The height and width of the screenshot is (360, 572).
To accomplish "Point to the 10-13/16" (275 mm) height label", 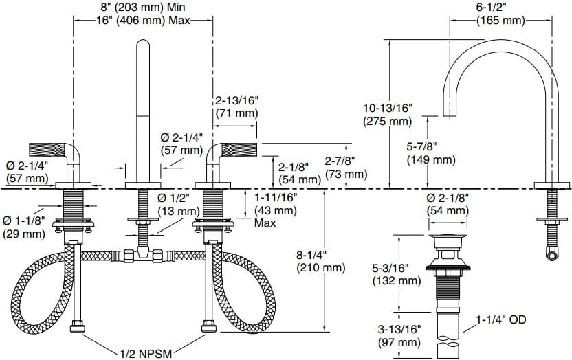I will pos(387,115).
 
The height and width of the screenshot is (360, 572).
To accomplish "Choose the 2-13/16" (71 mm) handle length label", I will pos(237,106).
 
